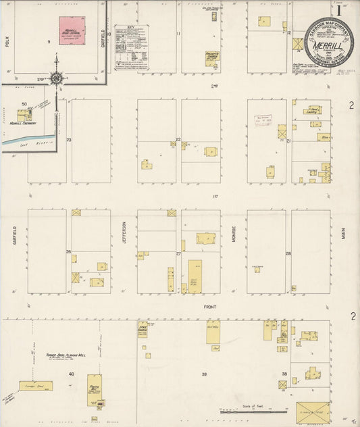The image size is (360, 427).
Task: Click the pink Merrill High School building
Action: pyautogui.click(x=72, y=30)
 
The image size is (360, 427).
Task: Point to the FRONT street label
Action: pyautogui.click(x=209, y=305)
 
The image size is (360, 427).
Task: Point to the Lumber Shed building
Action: pyautogui.click(x=36, y=386)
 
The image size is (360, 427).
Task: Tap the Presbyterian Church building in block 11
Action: pyautogui.click(x=213, y=57)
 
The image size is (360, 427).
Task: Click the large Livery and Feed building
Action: pyautogui.click(x=313, y=412)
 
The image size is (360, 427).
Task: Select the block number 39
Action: pyautogui.click(x=203, y=374)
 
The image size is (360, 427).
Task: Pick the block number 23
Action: pyautogui.click(x=68, y=140)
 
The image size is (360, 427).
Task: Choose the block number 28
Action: pyautogui.click(x=288, y=253)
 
